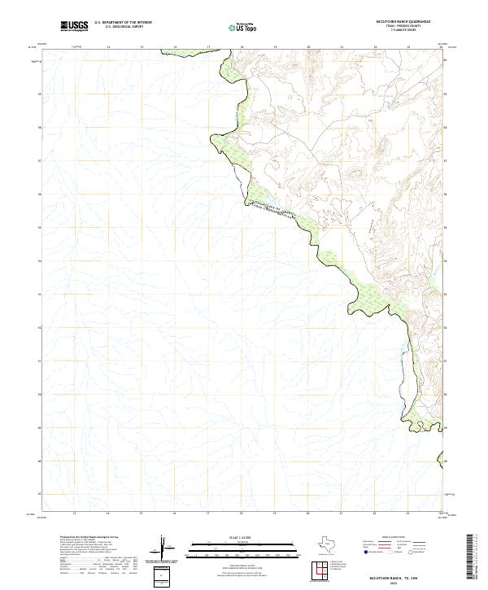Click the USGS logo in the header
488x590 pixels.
point(75,26)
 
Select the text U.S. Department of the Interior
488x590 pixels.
point(124,23)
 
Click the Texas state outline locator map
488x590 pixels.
point(329,544)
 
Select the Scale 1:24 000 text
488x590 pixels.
point(243,536)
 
